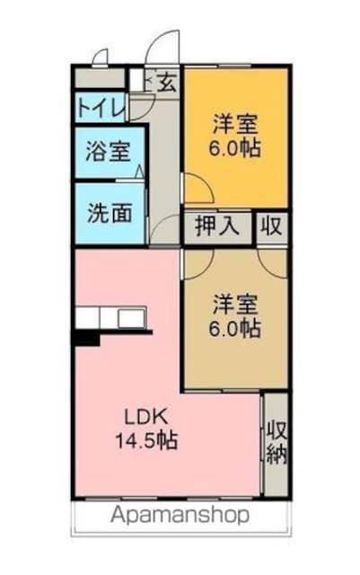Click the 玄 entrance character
click(167, 84)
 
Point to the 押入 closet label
click(217, 226)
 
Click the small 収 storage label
click(270, 226)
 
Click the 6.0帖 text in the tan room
click(236, 328)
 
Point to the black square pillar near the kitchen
click(85, 338)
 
